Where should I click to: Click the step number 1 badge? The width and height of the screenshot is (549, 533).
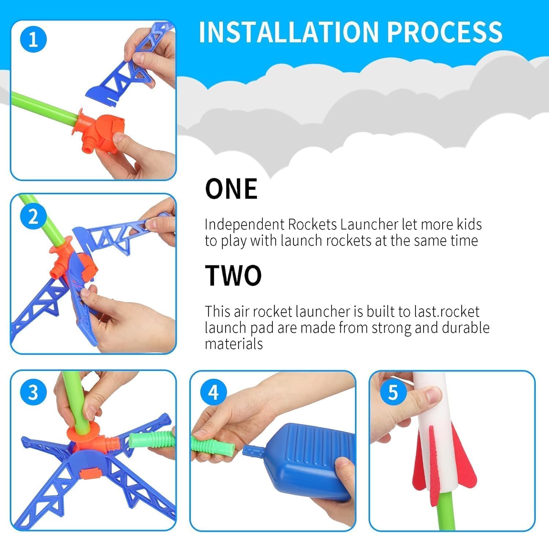(33, 39)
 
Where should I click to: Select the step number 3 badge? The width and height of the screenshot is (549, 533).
(33, 392)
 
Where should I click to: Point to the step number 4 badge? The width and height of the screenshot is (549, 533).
(213, 392)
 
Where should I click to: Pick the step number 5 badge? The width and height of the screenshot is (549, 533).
(393, 392)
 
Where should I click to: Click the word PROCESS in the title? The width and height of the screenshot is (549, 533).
(445, 32)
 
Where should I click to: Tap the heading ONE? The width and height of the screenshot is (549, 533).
(231, 189)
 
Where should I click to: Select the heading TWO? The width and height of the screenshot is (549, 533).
(233, 275)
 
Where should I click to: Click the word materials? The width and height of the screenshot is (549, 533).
(234, 344)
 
